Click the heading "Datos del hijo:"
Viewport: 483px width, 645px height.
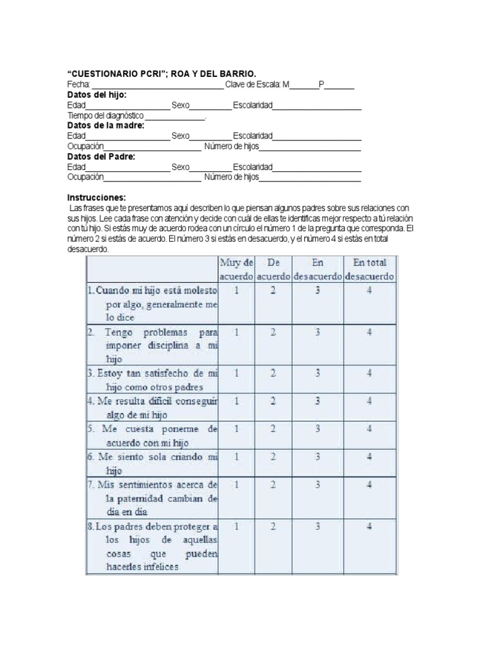[97, 94]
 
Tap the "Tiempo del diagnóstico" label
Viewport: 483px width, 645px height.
[106, 116]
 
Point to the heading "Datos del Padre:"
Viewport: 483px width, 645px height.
[101, 156]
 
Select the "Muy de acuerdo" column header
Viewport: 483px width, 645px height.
[236, 269]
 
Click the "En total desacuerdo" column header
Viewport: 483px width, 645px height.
[369, 269]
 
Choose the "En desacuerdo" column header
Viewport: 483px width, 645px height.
[318, 269]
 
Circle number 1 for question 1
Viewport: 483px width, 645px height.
[236, 291]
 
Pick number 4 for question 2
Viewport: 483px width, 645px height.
[369, 331]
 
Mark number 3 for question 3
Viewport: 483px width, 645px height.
[318, 373]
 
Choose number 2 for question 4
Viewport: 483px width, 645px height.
[273, 401]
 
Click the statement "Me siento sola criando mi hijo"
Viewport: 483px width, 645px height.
[153, 462]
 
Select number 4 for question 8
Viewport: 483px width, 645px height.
[369, 527]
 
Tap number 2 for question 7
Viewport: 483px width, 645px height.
[273, 485]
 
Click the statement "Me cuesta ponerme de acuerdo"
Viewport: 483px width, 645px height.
[153, 435]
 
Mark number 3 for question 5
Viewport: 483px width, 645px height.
[318, 428]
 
